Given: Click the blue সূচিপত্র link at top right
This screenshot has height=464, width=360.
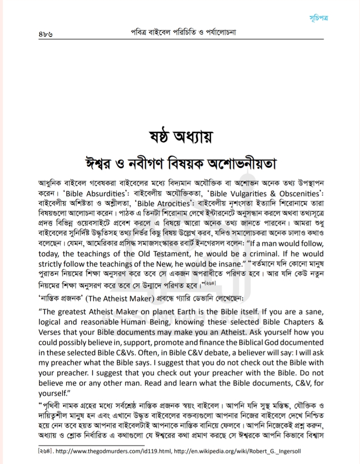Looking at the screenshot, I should [x=318, y=18].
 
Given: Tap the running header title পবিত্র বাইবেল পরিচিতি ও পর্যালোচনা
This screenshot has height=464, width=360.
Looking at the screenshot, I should [x=183, y=32].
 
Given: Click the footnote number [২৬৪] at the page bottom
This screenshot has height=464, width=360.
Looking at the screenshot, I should [x=46, y=451].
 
